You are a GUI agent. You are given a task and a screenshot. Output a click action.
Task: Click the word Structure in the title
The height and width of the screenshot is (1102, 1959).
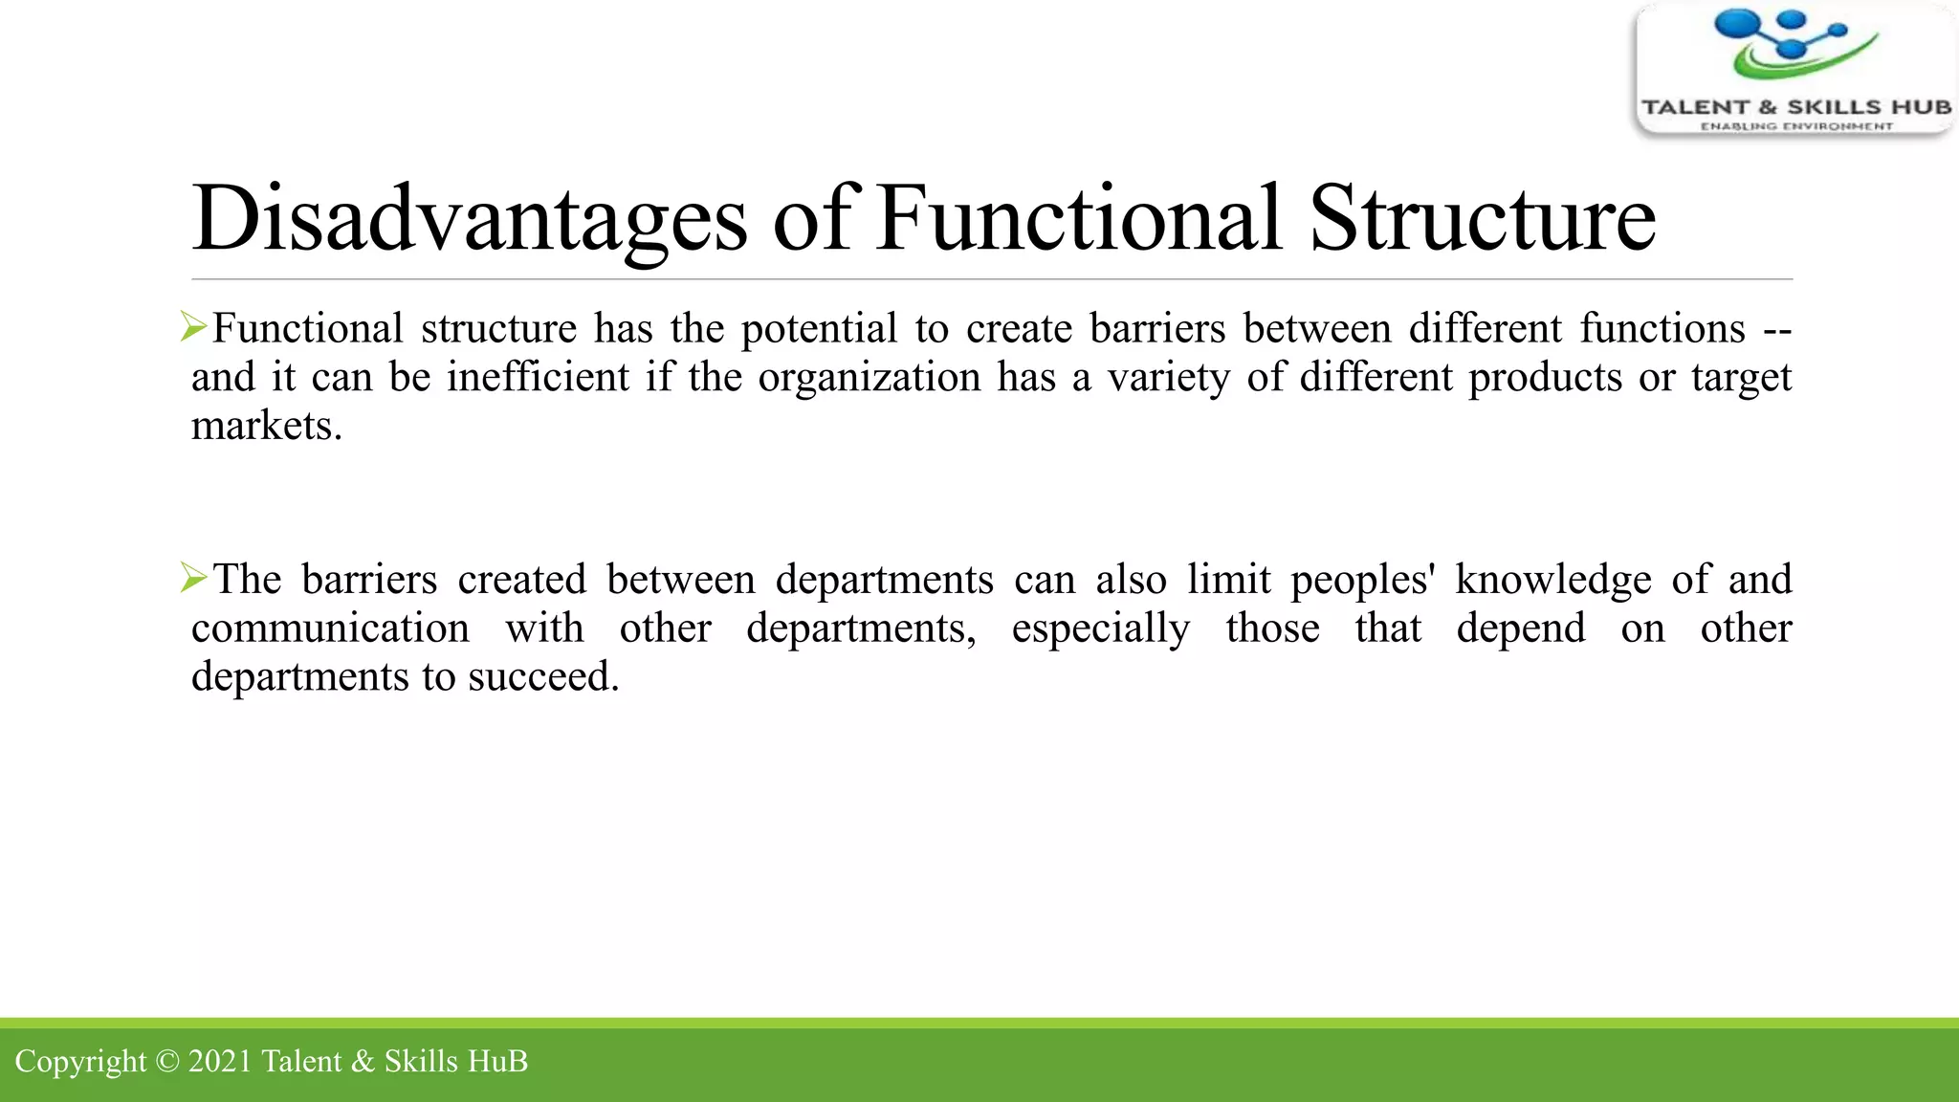click(1482, 220)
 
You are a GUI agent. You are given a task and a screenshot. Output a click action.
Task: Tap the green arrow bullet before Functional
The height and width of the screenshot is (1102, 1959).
click(194, 327)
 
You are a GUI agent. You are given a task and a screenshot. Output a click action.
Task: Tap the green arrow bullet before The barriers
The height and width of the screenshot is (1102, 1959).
click(194, 578)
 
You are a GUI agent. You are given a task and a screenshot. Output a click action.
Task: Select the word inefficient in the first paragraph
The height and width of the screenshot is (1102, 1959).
click(538, 377)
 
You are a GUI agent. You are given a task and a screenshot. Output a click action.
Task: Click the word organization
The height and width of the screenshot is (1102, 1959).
click(869, 377)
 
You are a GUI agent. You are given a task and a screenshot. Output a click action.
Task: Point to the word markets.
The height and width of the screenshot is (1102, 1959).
click(266, 426)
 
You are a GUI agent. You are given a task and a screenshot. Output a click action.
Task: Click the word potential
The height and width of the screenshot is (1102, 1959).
click(819, 328)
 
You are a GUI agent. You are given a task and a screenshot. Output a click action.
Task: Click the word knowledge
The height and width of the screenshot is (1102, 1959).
click(1553, 580)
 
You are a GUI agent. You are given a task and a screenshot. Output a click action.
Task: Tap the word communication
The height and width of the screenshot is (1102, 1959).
click(330, 628)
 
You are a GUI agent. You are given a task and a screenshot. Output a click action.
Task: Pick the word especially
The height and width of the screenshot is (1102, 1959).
click(1101, 629)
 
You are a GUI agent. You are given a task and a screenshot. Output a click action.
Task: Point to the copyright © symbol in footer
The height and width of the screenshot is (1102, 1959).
click(166, 1061)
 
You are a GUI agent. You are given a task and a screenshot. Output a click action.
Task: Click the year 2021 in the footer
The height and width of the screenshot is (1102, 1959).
click(219, 1061)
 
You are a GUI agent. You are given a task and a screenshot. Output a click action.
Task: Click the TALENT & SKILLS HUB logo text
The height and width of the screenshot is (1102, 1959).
click(1795, 106)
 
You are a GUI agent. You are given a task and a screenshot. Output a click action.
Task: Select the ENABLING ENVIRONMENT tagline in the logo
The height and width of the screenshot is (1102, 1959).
click(1795, 126)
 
